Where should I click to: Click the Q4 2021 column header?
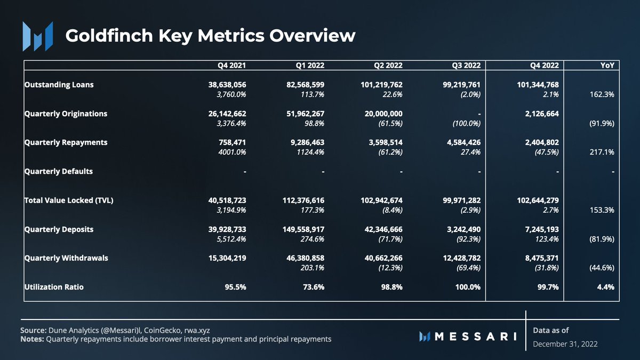tap(231, 66)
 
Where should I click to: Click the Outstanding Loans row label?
tap(59, 84)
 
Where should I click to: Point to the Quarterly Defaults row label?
tap(59, 171)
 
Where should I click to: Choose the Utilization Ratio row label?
tap(54, 287)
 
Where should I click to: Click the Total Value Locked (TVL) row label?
tap(69, 201)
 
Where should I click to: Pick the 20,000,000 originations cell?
tap(380, 114)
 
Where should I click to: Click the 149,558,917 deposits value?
tap(302, 229)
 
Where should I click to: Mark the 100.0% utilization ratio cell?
tap(468, 287)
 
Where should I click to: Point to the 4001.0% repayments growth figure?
tap(231, 152)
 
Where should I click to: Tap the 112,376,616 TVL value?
tap(302, 201)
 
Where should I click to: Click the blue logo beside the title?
tap(37, 36)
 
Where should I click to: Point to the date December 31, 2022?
tap(565, 344)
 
